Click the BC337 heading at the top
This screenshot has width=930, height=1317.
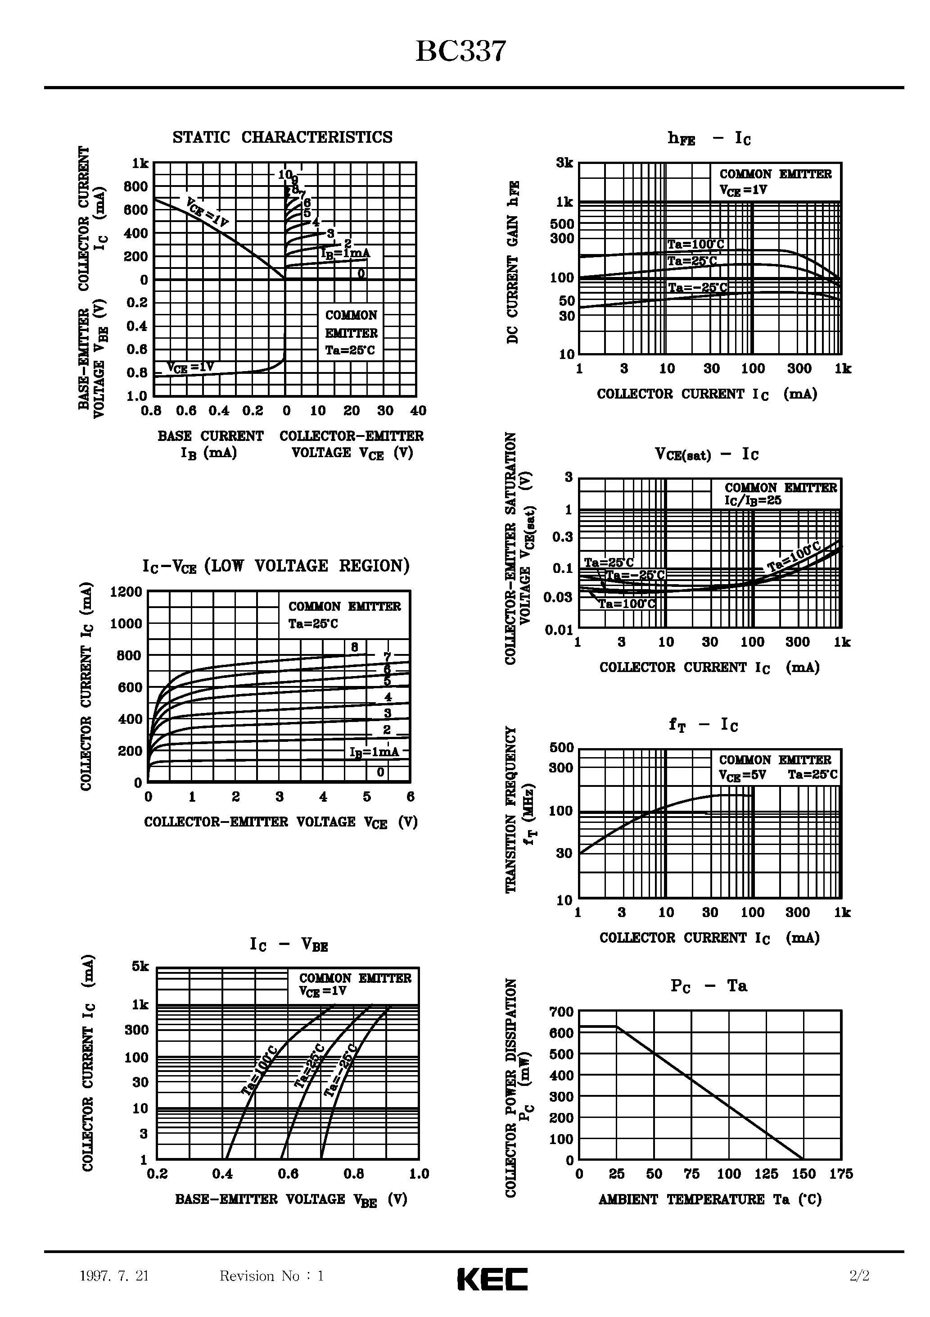pyautogui.click(x=460, y=52)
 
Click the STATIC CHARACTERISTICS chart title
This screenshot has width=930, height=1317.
pyautogui.click(x=283, y=138)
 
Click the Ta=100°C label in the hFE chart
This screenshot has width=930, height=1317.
pyautogui.click(x=695, y=245)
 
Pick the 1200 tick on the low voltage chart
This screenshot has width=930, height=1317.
pyautogui.click(x=126, y=591)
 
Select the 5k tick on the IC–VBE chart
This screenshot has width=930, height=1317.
pyautogui.click(x=140, y=967)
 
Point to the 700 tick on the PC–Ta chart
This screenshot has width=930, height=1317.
pyautogui.click(x=561, y=1012)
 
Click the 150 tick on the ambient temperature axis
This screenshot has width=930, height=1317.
pyautogui.click(x=804, y=1174)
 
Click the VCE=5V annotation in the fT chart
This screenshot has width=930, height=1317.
pyautogui.click(x=742, y=776)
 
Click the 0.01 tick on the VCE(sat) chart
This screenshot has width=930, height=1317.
pyautogui.click(x=559, y=631)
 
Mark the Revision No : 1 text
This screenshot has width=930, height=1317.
pyautogui.click(x=272, y=1276)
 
